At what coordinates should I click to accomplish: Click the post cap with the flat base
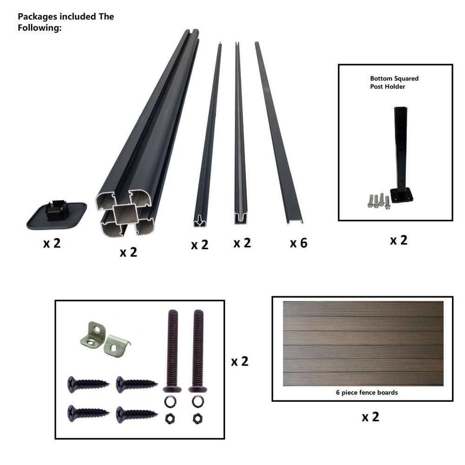tap(57, 215)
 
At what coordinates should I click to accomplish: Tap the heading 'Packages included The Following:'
tap(66, 22)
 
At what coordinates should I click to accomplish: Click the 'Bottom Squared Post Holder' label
tap(394, 82)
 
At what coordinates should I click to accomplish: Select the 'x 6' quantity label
tap(299, 243)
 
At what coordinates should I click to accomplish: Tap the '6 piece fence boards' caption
tap(367, 392)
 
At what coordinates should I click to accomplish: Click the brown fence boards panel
tap(363, 344)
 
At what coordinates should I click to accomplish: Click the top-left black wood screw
tap(88, 385)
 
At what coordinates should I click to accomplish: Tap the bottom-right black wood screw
tap(137, 414)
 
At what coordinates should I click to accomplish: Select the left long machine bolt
tap(173, 351)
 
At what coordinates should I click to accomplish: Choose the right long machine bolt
tap(198, 351)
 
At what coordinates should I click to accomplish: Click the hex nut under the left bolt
tap(170, 419)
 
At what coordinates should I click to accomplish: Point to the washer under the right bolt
tap(198, 402)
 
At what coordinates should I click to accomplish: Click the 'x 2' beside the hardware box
tap(239, 361)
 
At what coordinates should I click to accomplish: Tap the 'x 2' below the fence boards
tap(371, 417)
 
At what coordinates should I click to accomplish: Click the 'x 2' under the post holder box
tap(399, 240)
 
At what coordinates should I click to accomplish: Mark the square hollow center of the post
tap(125, 214)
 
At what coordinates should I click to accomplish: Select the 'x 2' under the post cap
tap(52, 244)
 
